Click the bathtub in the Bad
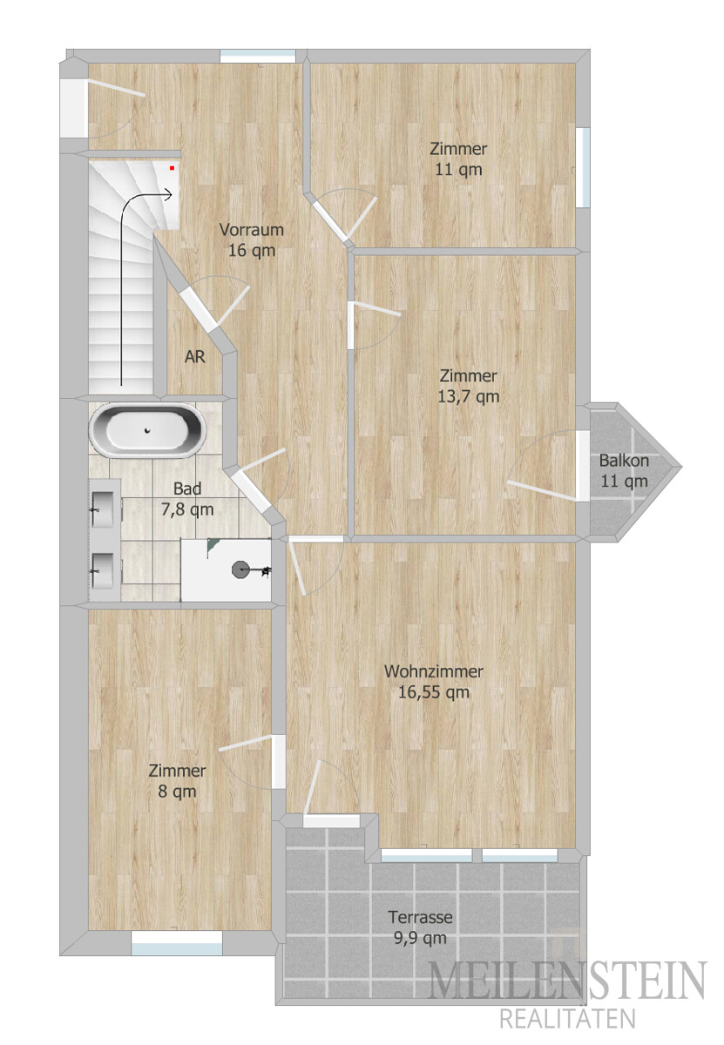(x=147, y=429)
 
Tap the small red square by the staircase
(x=172, y=167)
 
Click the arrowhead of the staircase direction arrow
(x=168, y=193)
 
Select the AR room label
(x=194, y=357)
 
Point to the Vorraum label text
(x=252, y=230)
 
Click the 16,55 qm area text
(x=434, y=692)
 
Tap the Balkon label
(x=624, y=461)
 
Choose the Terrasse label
(x=420, y=917)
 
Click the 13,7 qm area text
(x=468, y=396)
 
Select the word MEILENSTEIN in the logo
(x=566, y=979)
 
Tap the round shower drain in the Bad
(x=240, y=570)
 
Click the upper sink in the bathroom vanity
(x=103, y=509)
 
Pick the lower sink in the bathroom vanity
(x=103, y=570)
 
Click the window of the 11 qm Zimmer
(x=583, y=167)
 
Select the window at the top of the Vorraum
(x=258, y=56)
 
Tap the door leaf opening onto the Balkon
(x=542, y=491)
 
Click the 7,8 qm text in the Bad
(x=187, y=509)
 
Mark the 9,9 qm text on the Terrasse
(x=420, y=938)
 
